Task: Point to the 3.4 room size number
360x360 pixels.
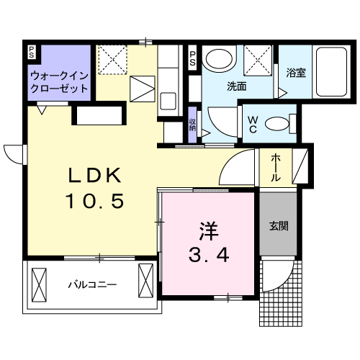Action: click(x=210, y=254)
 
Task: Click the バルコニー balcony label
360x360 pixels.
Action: click(x=92, y=284)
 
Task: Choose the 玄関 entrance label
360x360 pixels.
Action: click(x=279, y=225)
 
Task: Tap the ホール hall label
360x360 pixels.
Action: click(x=276, y=168)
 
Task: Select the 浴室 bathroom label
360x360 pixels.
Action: click(x=295, y=72)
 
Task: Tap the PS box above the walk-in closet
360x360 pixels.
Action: click(x=32, y=51)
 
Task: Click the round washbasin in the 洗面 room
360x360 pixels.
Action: click(x=217, y=60)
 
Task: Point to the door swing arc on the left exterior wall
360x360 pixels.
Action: click(x=13, y=153)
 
